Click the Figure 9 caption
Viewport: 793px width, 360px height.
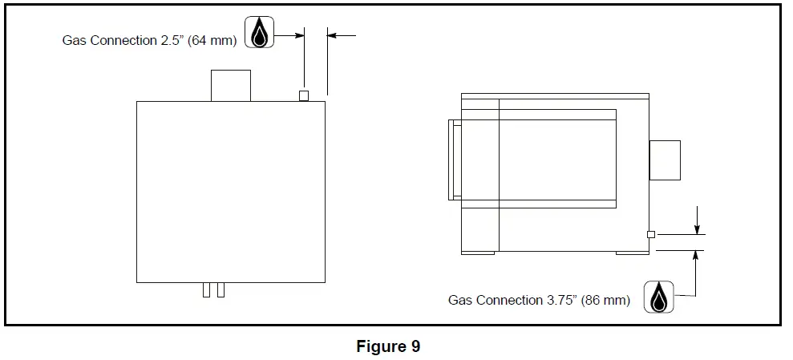click(x=388, y=346)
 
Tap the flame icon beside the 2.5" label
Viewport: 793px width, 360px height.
click(x=259, y=33)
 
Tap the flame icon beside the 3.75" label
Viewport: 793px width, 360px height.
click(x=659, y=297)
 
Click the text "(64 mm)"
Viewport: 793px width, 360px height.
click(x=212, y=40)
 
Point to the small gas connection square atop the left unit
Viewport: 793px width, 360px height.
click(x=304, y=96)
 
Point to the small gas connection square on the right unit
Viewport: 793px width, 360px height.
click(x=651, y=234)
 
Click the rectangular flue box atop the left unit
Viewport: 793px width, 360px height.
click(x=230, y=86)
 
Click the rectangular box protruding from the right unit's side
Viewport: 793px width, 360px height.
click(x=665, y=160)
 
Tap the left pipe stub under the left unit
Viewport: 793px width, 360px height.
click(x=206, y=289)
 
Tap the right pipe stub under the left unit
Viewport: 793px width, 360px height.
click(x=221, y=289)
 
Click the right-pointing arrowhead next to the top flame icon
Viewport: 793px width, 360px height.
click(x=300, y=35)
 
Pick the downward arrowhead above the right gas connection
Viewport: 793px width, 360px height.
click(x=698, y=230)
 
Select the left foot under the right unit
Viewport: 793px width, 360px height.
click(x=478, y=253)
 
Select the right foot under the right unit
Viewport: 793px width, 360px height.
click(x=632, y=253)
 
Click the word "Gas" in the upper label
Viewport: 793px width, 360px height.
click(x=75, y=40)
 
